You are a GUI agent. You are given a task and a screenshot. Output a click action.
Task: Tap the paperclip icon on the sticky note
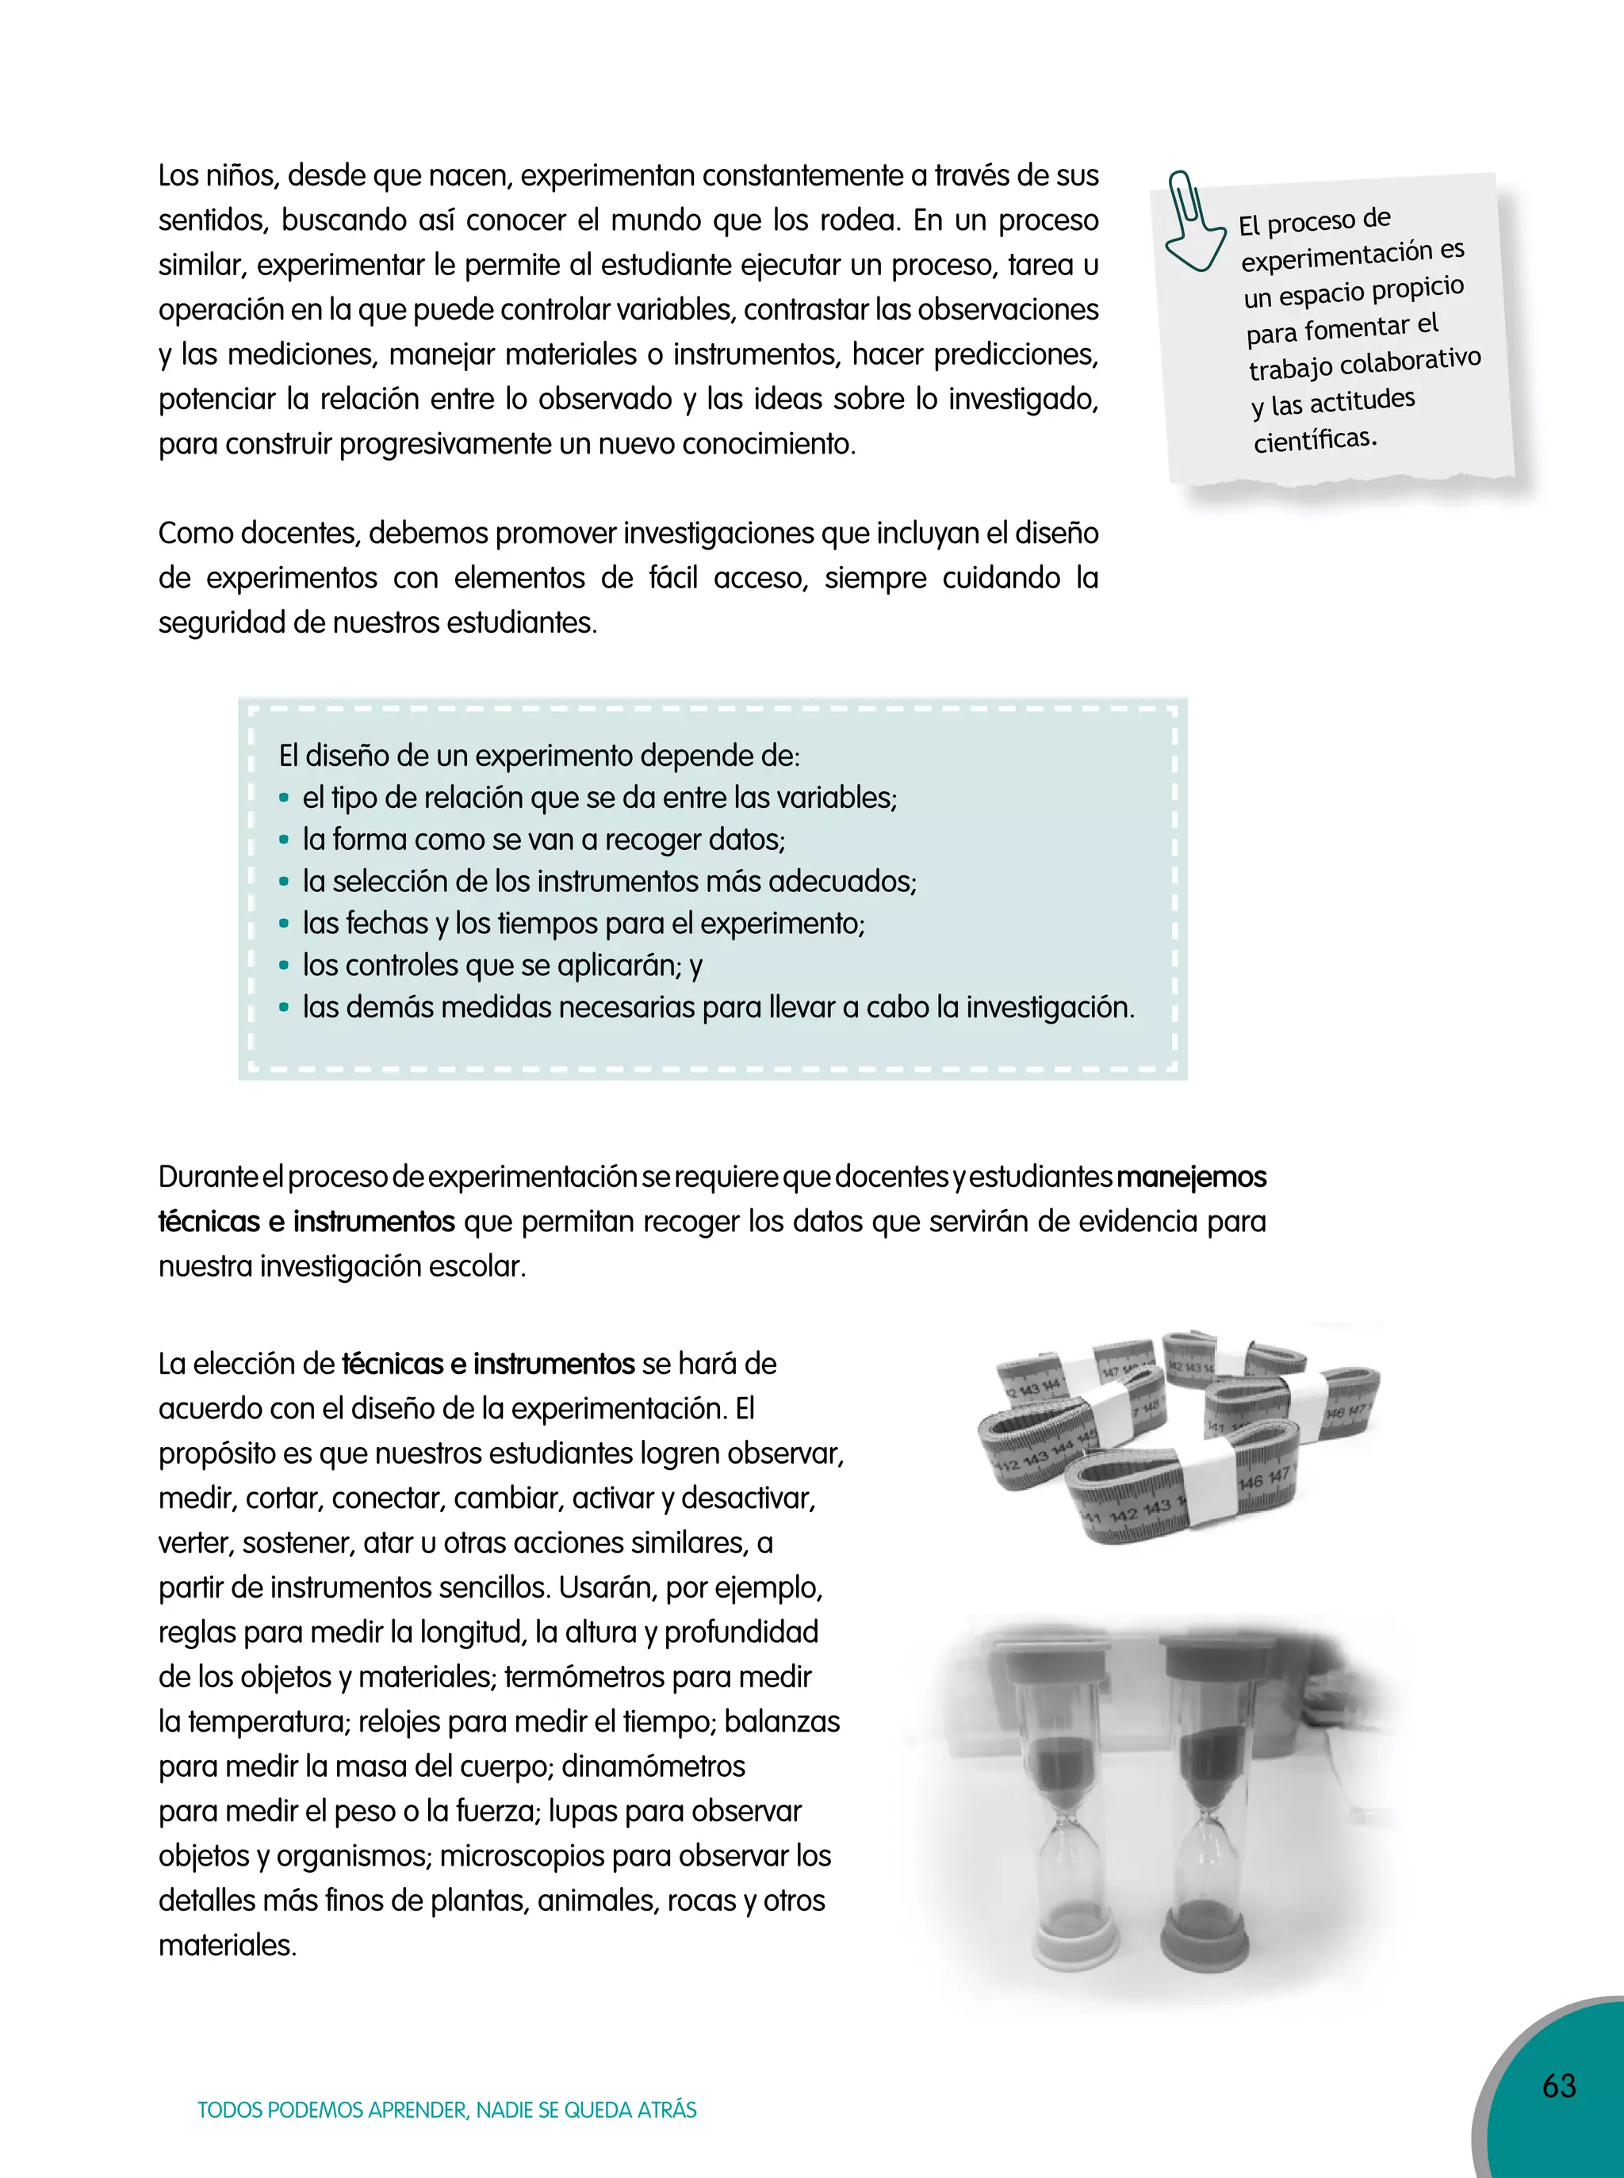coord(1192,222)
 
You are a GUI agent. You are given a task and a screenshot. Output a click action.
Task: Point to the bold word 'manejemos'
coord(1192,1177)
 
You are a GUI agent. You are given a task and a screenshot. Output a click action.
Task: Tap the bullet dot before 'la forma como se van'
coord(284,840)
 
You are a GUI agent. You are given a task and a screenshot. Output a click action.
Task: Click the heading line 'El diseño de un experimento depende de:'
coord(540,756)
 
